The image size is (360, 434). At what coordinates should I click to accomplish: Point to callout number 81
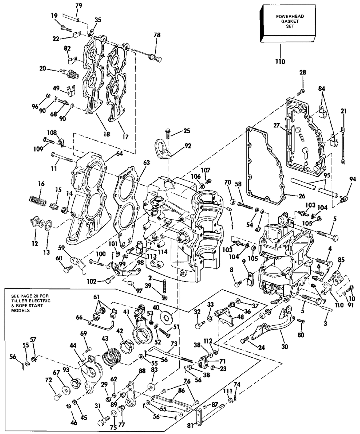[x=191, y=426]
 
